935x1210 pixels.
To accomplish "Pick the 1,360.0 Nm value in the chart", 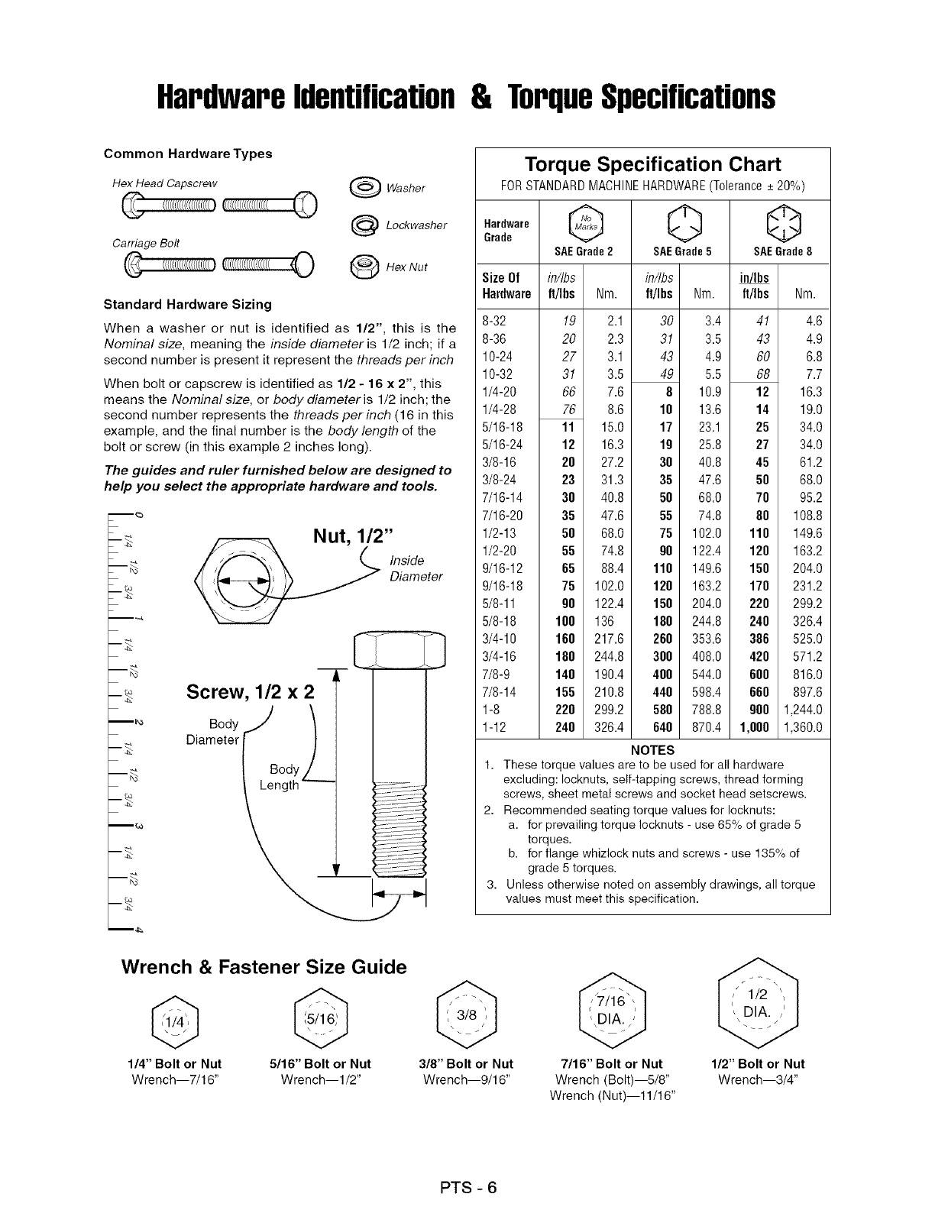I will (x=802, y=727).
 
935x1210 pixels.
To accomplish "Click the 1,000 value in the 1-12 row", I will (x=752, y=727).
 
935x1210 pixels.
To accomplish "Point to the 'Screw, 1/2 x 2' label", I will (x=251, y=693).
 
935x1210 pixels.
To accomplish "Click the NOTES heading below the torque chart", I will (x=653, y=749).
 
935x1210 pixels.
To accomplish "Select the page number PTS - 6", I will (x=467, y=1187).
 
